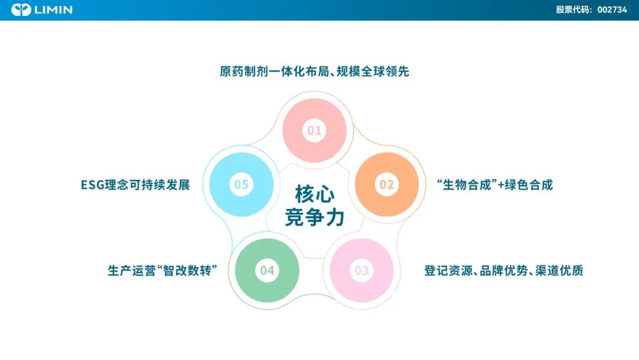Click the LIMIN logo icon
[x=21, y=10]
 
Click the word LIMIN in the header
[x=53, y=10]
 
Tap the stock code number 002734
[x=612, y=10]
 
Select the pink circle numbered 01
[x=314, y=130]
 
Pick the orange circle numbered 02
[x=387, y=184]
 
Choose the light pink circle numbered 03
[x=362, y=271]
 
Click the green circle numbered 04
[x=267, y=271]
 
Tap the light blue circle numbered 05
[x=241, y=184]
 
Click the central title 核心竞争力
[x=315, y=205]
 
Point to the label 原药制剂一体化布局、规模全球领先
[x=314, y=71]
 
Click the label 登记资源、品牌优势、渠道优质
[x=504, y=271]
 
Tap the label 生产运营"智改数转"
[x=162, y=271]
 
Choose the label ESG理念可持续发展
[x=135, y=185]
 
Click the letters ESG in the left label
[x=92, y=185]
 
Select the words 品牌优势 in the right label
[x=504, y=271]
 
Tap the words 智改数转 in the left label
[x=187, y=271]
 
